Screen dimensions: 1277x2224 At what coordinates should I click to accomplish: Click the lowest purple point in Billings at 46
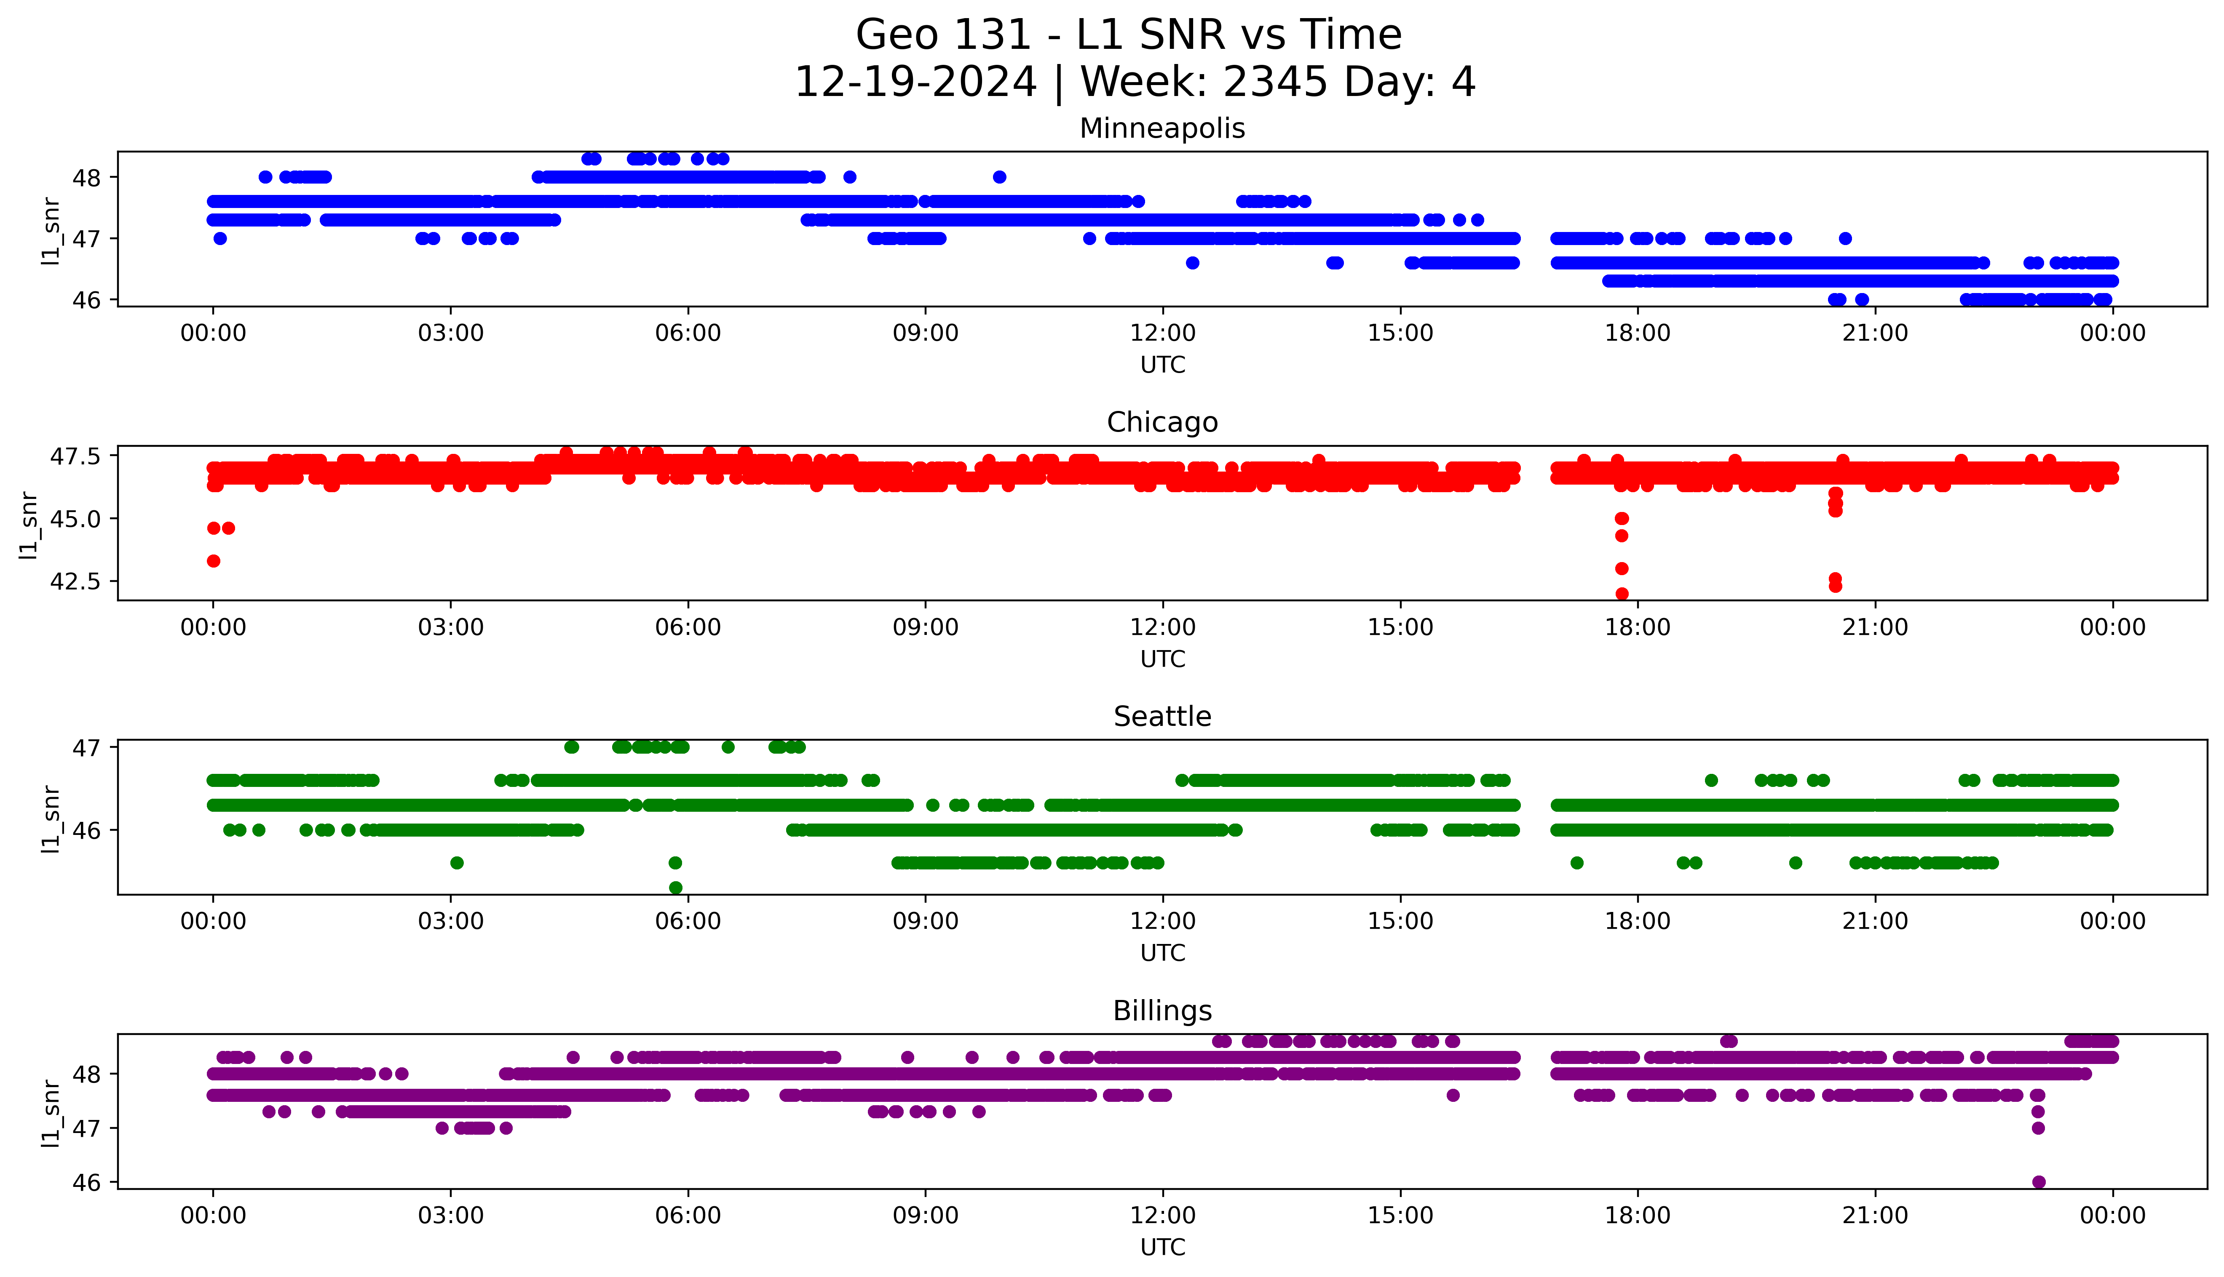pos(2038,1181)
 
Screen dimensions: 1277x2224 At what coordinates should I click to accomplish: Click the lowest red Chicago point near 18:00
pos(1621,594)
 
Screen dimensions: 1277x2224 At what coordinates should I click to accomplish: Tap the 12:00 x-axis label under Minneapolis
pos(1162,333)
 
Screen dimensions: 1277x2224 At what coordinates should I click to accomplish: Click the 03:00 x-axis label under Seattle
pos(451,921)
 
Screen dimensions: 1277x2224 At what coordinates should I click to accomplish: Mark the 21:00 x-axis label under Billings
pos(1875,1216)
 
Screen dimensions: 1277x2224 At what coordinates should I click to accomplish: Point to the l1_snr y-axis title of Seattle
pos(51,818)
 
